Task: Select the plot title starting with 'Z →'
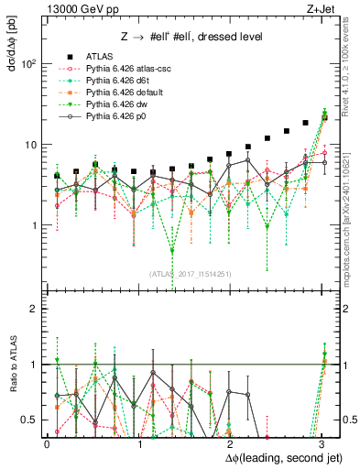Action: (x=190, y=37)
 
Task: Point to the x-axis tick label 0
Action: (x=47, y=442)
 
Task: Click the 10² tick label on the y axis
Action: (x=28, y=64)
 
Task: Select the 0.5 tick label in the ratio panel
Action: (x=29, y=420)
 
